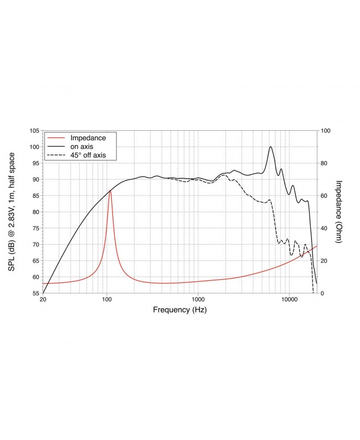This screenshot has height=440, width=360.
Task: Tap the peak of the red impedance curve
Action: (x=110, y=191)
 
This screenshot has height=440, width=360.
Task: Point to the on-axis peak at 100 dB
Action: (x=270, y=147)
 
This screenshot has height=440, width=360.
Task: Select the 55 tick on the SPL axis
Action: (x=35, y=293)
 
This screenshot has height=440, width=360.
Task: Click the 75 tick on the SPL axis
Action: (x=35, y=228)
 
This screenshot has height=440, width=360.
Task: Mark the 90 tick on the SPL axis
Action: (x=35, y=180)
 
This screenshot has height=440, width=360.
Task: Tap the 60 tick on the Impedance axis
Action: (x=325, y=196)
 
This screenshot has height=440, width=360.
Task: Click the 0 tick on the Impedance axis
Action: (x=323, y=293)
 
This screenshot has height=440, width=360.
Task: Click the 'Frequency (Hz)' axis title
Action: (x=180, y=310)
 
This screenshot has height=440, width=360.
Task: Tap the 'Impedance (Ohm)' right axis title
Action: (x=340, y=212)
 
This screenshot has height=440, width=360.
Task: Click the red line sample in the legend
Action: (x=56, y=137)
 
